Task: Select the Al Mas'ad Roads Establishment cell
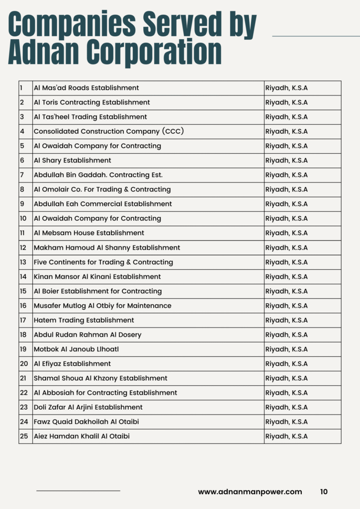(86, 88)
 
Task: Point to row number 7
(22, 175)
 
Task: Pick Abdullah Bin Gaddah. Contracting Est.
(98, 175)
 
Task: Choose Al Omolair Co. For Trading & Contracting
(102, 189)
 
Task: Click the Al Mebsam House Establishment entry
(89, 233)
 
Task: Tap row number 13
(23, 262)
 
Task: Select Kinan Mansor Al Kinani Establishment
(97, 276)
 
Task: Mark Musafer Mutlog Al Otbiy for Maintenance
(102, 306)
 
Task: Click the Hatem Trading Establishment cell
(84, 320)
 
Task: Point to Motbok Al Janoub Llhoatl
(76, 349)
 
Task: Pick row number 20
(24, 363)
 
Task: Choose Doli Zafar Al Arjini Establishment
(88, 407)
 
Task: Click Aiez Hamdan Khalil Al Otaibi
(82, 436)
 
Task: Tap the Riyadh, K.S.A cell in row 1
(286, 88)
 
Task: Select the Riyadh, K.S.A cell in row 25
(286, 436)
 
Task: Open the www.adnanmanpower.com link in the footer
(250, 492)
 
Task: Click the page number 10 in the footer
(324, 492)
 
